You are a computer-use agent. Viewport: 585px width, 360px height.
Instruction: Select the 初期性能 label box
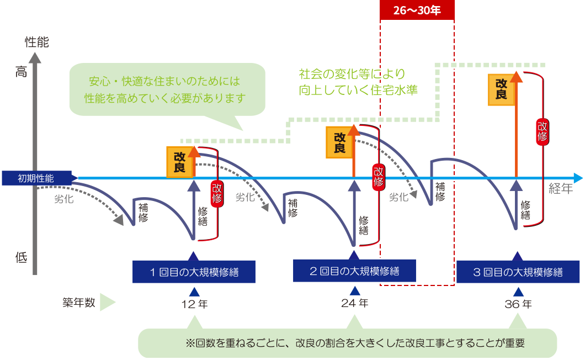[36, 178]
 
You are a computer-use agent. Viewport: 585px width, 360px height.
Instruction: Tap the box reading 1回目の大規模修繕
[193, 271]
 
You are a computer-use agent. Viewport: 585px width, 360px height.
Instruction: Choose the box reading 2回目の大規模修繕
[354, 271]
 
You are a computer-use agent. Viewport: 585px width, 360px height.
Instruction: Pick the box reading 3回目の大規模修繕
[518, 271]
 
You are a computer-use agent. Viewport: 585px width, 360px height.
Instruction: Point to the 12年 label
[194, 304]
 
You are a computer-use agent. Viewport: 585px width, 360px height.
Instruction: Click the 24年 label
[354, 303]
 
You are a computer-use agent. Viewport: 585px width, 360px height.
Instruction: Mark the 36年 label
[518, 304]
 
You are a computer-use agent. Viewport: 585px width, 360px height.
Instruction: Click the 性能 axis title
[36, 42]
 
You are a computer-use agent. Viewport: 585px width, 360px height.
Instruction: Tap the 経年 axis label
[561, 189]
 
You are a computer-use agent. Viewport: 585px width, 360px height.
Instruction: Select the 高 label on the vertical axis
[21, 71]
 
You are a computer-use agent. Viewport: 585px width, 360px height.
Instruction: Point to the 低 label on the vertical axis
[21, 257]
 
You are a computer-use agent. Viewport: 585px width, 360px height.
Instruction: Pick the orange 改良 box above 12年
[179, 162]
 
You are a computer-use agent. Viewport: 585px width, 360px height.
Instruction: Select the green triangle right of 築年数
[107, 303]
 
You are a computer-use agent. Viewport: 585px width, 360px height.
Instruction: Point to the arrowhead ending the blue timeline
[578, 178]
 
